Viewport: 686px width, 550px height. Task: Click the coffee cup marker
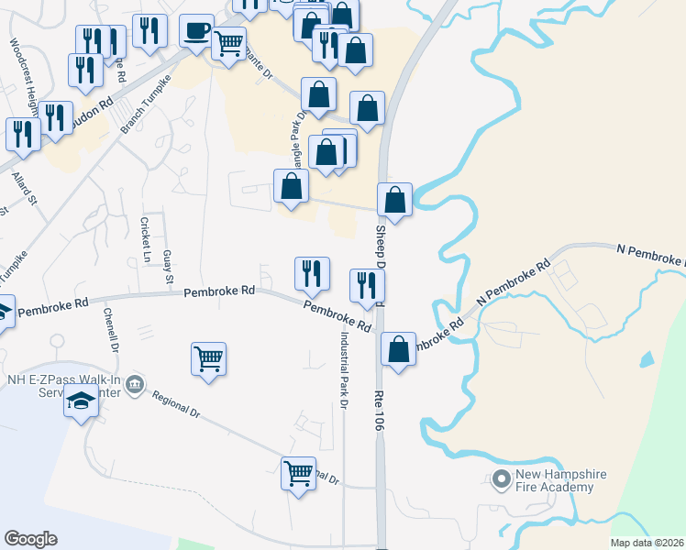196,31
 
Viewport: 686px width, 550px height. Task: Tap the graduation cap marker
80,403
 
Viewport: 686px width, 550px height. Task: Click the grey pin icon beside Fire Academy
501,479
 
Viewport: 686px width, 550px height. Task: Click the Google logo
30,539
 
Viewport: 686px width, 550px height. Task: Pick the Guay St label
167,267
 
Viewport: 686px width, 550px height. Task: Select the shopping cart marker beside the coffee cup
228,43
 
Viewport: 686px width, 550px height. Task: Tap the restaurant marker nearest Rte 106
366,286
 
